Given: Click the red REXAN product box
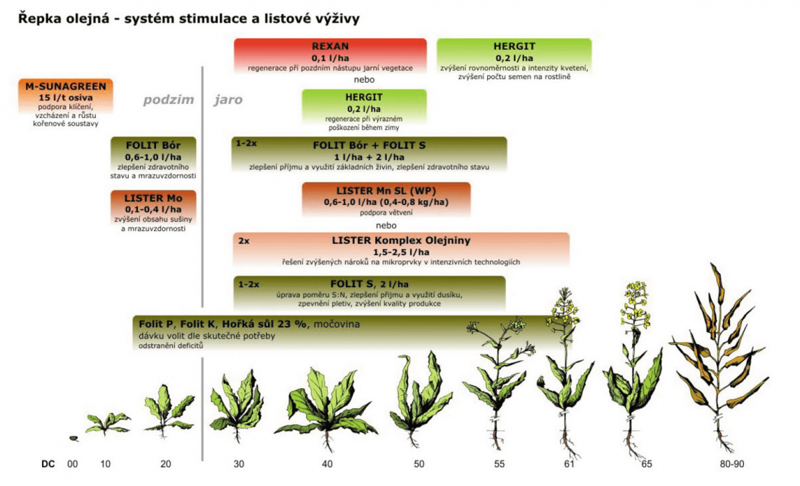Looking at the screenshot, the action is [331, 56].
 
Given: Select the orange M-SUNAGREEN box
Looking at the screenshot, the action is [66, 97].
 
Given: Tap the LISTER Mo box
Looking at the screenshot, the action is [153, 208].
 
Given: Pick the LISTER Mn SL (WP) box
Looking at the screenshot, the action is [386, 200].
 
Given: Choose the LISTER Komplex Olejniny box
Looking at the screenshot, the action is [401, 250].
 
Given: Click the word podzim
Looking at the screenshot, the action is [169, 100].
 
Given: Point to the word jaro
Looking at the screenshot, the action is [228, 100].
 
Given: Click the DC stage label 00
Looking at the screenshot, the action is [73, 464].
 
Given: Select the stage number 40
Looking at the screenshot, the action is [327, 464].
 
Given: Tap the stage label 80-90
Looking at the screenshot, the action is [732, 464].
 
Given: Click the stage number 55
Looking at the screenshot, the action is [499, 464].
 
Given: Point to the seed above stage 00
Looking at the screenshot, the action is [74, 439].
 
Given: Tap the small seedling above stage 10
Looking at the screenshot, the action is [107, 423].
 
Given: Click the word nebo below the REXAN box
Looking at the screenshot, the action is [364, 79].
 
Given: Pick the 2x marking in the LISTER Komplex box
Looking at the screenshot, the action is [244, 241].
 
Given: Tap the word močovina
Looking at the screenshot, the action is [337, 324].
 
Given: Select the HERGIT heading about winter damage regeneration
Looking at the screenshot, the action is [364, 97].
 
